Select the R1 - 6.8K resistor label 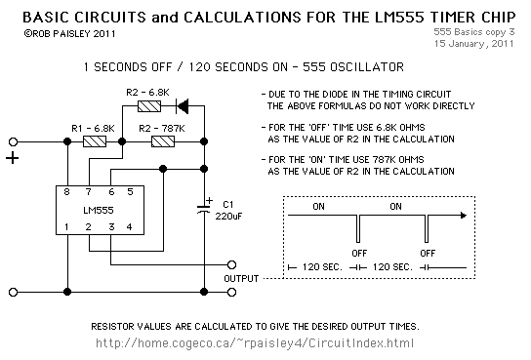[x=94, y=128]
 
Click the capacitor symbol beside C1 [x=205, y=208]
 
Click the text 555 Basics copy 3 [x=480, y=32]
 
